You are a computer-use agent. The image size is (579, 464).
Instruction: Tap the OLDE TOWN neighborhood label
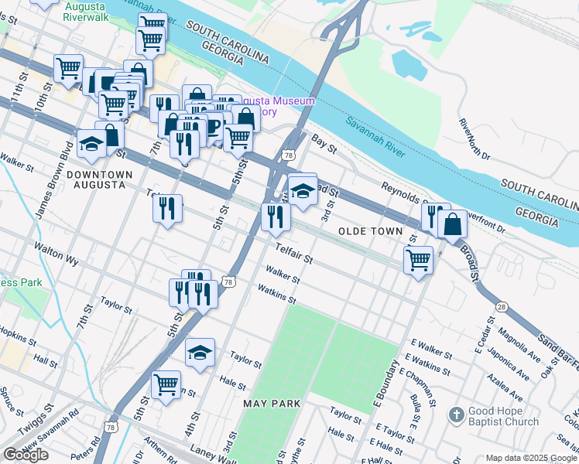[370, 231]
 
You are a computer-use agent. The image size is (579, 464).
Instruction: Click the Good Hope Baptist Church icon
[457, 415]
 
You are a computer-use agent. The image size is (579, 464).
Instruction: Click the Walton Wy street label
[56, 254]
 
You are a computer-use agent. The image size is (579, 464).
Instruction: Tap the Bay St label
[325, 142]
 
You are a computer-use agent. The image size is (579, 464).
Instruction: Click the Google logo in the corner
[26, 455]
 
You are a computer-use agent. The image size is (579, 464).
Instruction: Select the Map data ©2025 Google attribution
[531, 458]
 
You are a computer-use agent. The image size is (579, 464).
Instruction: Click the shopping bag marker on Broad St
[452, 225]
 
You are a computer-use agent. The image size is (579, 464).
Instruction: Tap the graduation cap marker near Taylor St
[200, 353]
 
